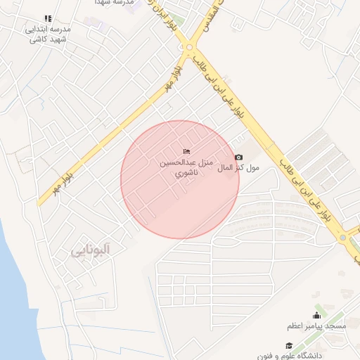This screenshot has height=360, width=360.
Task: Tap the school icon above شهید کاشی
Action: click(x=48, y=18)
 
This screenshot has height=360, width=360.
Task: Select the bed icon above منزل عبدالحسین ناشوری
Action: click(x=186, y=151)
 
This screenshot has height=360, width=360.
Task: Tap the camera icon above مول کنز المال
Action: click(x=238, y=157)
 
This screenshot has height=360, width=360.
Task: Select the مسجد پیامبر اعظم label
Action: click(x=316, y=326)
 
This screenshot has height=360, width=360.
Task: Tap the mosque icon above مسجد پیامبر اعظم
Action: click(x=316, y=314)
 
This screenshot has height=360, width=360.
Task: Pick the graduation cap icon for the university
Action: click(x=288, y=346)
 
